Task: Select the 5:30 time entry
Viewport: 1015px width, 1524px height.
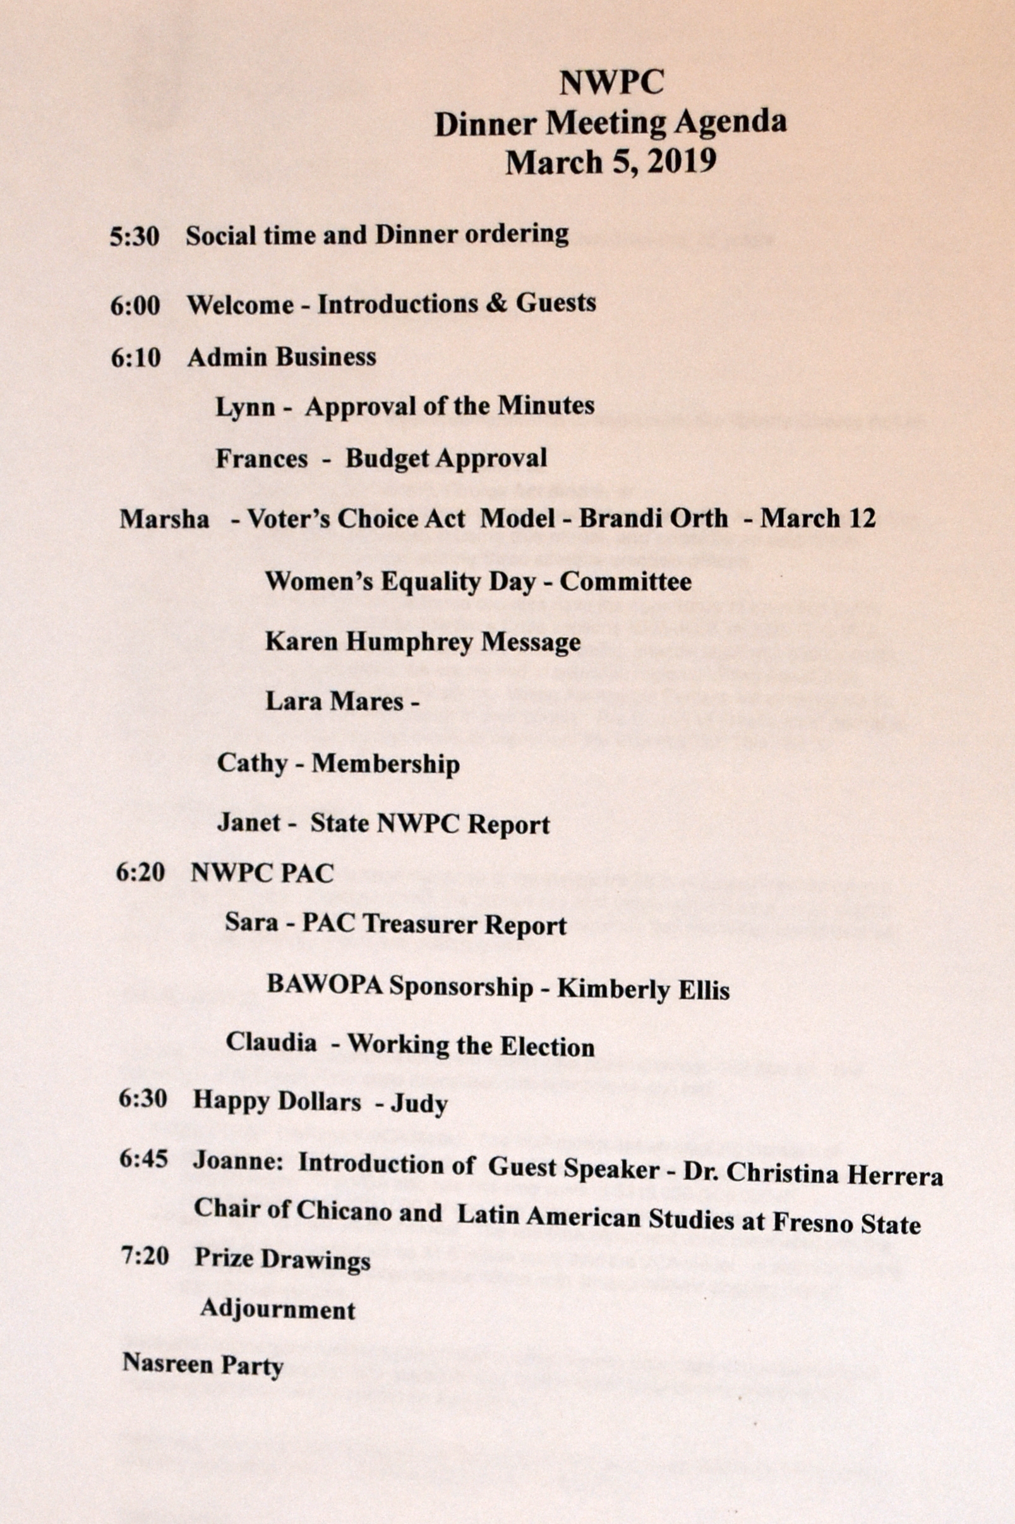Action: coord(134,237)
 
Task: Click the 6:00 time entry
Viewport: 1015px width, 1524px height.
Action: coord(135,306)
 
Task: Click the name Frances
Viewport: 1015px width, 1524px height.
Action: coord(261,459)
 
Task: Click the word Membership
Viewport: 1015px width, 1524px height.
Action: coord(386,764)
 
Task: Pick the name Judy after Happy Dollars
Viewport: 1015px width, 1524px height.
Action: coord(419,1103)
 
